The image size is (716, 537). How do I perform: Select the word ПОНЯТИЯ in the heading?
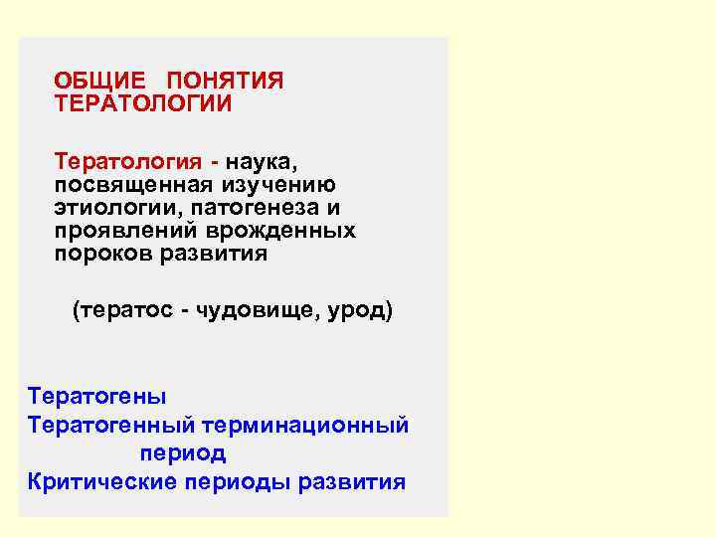pyautogui.click(x=226, y=81)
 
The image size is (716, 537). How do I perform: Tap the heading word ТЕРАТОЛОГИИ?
pyautogui.click(x=143, y=103)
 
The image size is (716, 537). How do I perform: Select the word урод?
pyautogui.click(x=357, y=311)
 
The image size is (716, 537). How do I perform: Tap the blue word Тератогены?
pyautogui.click(x=97, y=396)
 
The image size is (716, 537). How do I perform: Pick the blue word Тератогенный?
pyautogui.click(x=111, y=426)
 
